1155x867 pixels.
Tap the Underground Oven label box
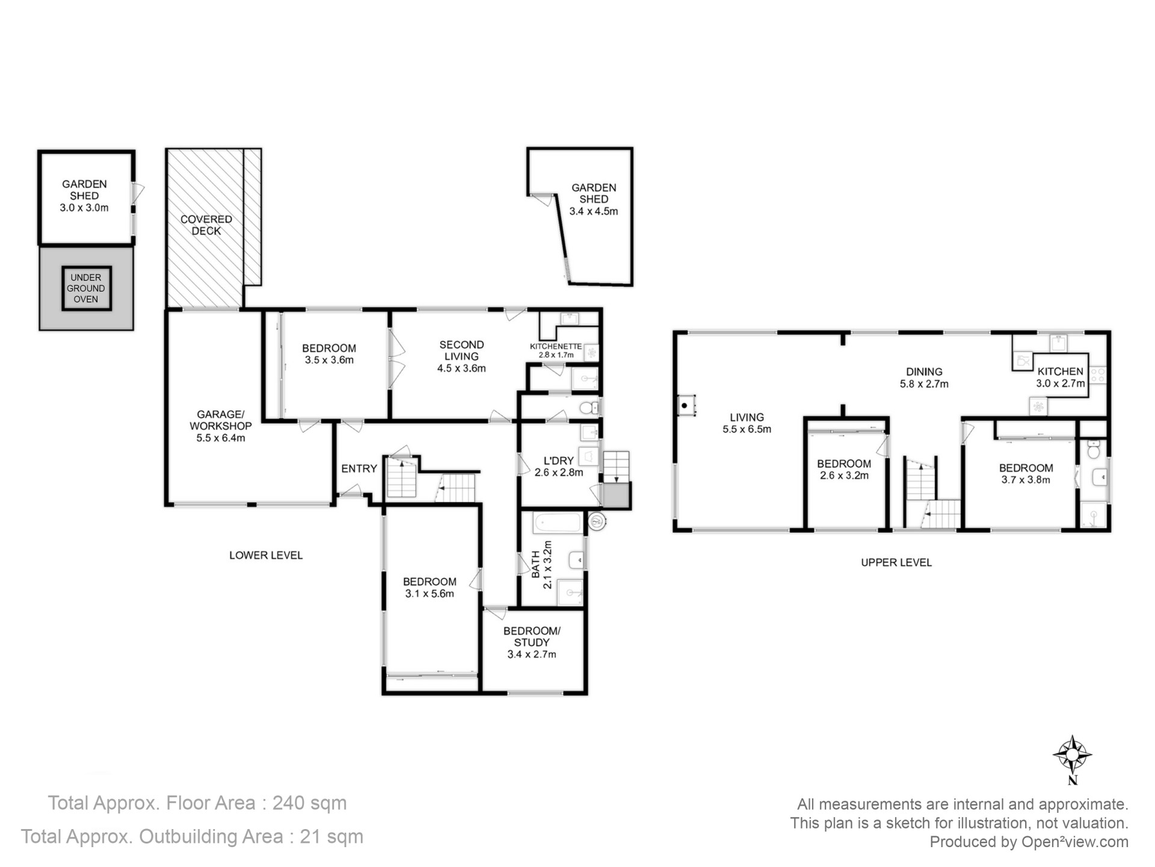pyautogui.click(x=86, y=288)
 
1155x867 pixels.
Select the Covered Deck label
pyautogui.click(x=206, y=225)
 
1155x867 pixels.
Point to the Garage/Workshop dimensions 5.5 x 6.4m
pyautogui.click(x=221, y=438)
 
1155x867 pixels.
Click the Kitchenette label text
pyautogui.click(x=556, y=346)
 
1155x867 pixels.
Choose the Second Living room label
pyautogui.click(x=461, y=356)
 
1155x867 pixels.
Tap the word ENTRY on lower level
pyautogui.click(x=359, y=468)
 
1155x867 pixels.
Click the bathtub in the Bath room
pyautogui.click(x=557, y=522)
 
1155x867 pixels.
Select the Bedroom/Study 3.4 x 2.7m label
pyautogui.click(x=532, y=642)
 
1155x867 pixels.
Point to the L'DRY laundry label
pyautogui.click(x=558, y=467)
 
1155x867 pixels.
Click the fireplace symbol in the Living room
pyautogui.click(x=686, y=405)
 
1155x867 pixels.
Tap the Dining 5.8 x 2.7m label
pyautogui.click(x=924, y=378)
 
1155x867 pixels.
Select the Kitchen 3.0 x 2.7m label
pyautogui.click(x=1061, y=378)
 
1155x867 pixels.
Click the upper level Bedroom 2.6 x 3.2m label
pyautogui.click(x=844, y=470)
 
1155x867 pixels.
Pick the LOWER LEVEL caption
pyautogui.click(x=266, y=555)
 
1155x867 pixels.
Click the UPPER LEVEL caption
pyautogui.click(x=896, y=562)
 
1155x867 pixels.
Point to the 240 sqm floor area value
pyautogui.click(x=310, y=803)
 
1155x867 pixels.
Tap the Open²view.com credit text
pyautogui.click(x=1075, y=842)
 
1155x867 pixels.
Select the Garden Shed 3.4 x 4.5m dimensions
pyautogui.click(x=594, y=211)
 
